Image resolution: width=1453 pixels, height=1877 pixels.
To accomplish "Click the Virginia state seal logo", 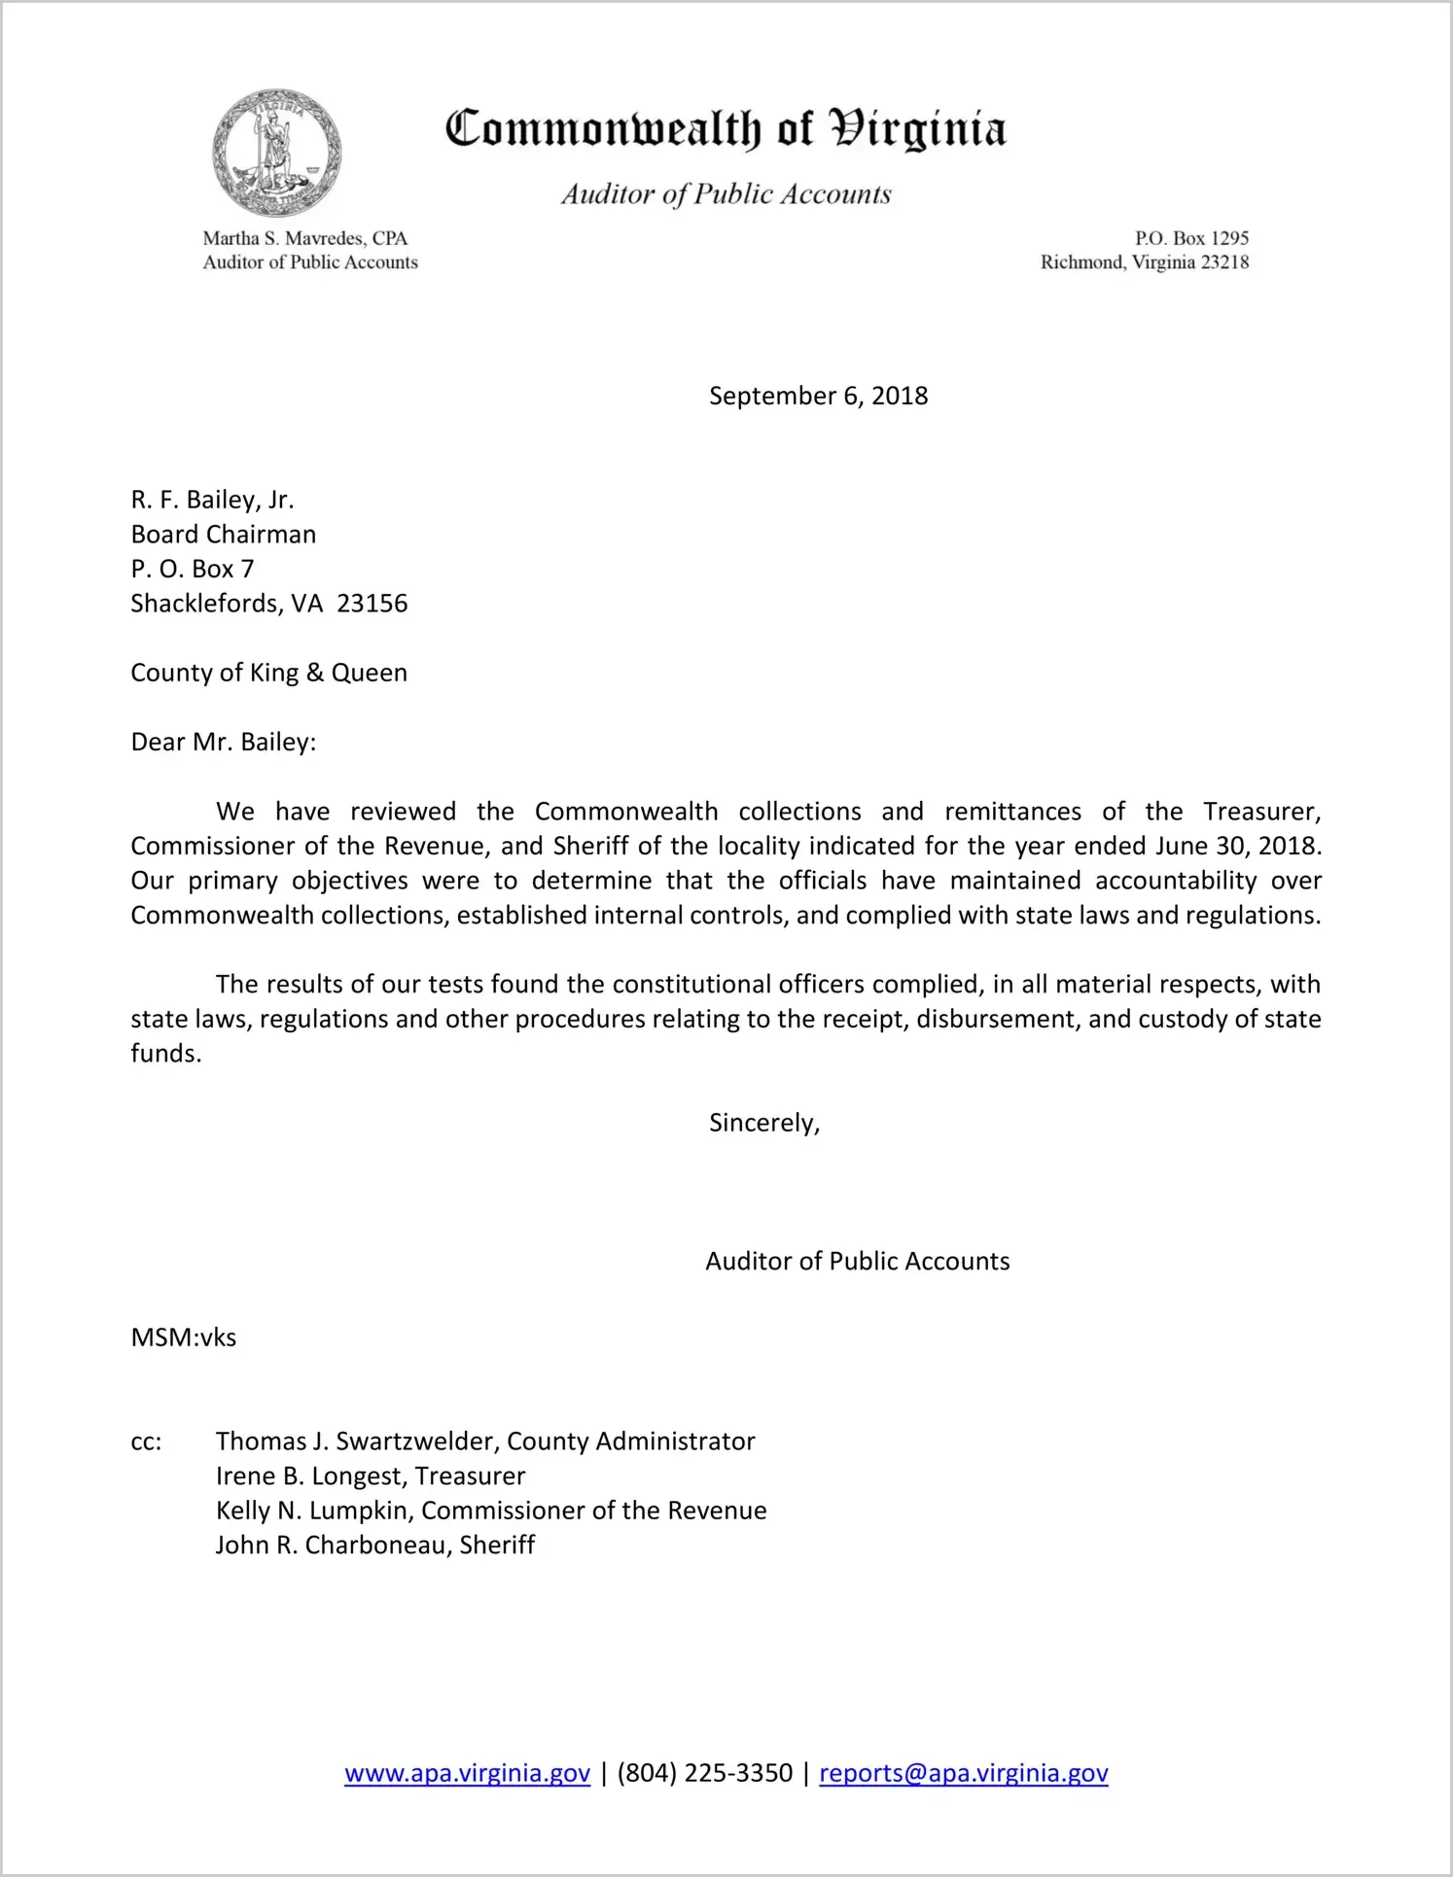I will pyautogui.click(x=277, y=153).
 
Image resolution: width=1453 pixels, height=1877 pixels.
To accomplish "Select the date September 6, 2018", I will pyautogui.click(x=818, y=396).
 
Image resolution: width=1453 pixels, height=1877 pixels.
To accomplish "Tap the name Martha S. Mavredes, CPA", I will pyautogui.click(x=304, y=238).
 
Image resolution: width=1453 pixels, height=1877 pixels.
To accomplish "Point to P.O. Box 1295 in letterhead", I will pyautogui.click(x=1191, y=238).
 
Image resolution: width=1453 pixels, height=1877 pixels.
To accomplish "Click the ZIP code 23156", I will pyautogui.click(x=372, y=604).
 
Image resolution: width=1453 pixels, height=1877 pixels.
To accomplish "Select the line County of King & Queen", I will pyautogui.click(x=268, y=673).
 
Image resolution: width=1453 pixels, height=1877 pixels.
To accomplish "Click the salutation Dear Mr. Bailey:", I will pyautogui.click(x=224, y=743).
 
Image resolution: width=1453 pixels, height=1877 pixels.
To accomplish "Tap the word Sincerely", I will pyautogui.click(x=763, y=1123).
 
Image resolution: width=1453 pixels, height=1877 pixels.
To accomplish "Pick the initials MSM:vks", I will pyautogui.click(x=184, y=1338).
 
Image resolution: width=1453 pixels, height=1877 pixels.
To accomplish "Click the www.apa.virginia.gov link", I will pyautogui.click(x=467, y=1773).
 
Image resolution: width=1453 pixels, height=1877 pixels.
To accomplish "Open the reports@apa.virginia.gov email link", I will pyautogui.click(x=963, y=1773).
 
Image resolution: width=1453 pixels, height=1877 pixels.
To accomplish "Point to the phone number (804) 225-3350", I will pyautogui.click(x=704, y=1773).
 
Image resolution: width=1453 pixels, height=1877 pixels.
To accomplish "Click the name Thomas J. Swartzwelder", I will pyautogui.click(x=354, y=1442).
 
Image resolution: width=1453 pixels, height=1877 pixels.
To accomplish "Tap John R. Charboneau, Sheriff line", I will pyautogui.click(x=374, y=1546).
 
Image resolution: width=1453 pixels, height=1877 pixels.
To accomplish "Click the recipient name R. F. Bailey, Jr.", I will pyautogui.click(x=212, y=500).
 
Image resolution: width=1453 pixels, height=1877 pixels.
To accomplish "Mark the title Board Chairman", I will pyautogui.click(x=224, y=535).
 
